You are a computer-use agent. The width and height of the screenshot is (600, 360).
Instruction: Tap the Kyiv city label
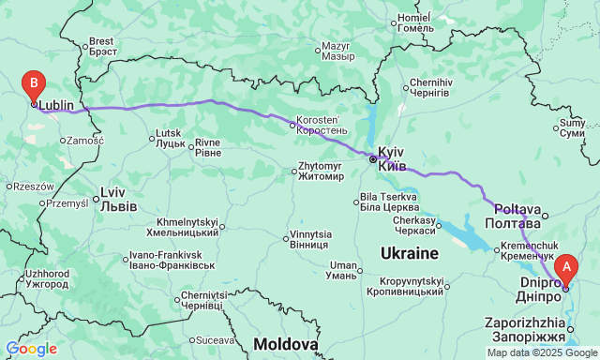392,158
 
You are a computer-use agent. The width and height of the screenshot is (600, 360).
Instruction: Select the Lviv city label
118,200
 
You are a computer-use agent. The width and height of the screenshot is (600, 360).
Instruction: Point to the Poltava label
514,216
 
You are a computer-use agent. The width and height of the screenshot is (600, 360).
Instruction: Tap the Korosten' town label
322,126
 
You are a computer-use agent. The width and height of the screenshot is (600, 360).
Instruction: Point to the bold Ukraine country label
410,254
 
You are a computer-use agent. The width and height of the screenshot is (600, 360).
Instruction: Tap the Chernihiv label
431,88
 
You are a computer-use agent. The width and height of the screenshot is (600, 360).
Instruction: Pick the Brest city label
101,46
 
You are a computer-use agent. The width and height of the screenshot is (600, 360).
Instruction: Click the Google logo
30,349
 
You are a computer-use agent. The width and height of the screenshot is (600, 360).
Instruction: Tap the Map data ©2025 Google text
541,352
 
